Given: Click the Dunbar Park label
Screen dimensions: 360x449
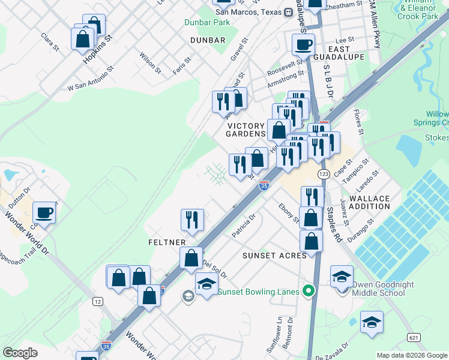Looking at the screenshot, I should [207, 22].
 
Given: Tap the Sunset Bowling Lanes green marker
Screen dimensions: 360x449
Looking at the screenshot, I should [309, 292].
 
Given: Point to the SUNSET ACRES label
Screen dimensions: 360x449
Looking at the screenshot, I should [274, 255].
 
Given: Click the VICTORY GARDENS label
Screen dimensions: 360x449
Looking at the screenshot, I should [246, 130].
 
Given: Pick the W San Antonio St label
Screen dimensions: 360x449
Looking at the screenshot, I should [91, 79].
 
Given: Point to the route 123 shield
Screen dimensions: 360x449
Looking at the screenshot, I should [324, 173].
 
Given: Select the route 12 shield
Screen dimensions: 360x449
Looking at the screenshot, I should [97, 301].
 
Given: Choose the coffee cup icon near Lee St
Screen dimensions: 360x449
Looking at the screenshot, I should [303, 44].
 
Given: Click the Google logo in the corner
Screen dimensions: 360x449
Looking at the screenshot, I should [20, 353].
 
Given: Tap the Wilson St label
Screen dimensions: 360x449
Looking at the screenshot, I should [150, 62].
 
